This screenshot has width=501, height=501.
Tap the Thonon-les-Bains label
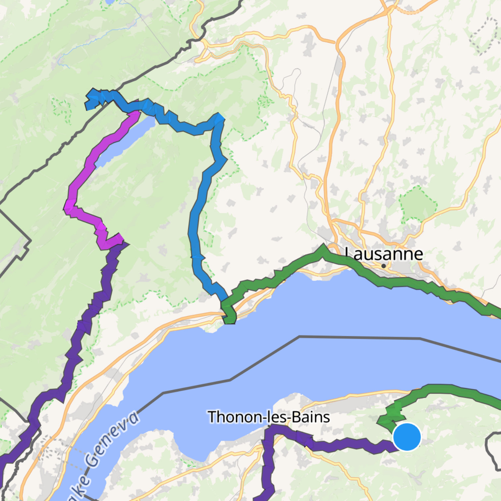pyautogui.click(x=268, y=417)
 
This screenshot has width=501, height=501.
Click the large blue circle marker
pyautogui.click(x=407, y=437)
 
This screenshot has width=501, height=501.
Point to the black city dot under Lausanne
pyautogui.click(x=383, y=266)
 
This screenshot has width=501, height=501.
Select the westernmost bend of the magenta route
pyautogui.click(x=68, y=207)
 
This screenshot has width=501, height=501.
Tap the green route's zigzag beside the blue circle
pyautogui.click(x=391, y=416)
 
